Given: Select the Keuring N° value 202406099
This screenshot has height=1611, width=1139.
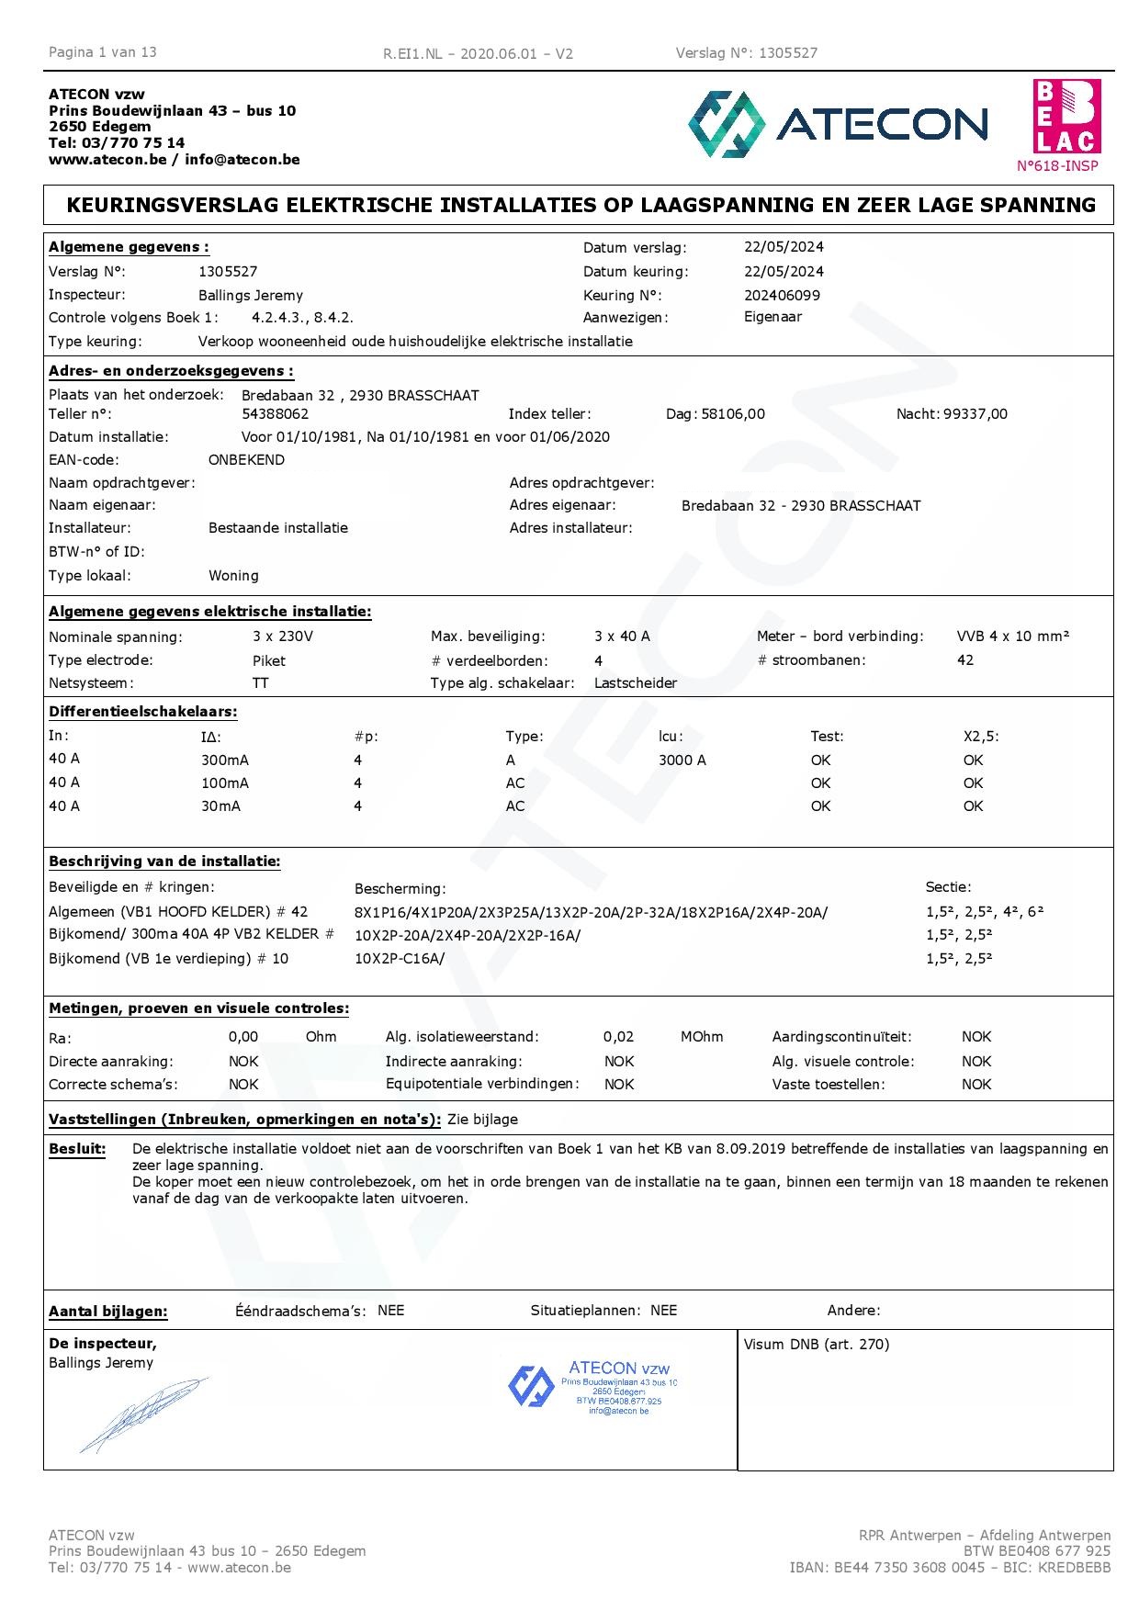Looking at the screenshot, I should pos(782,296).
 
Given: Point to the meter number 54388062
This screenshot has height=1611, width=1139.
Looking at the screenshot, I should pos(275,414).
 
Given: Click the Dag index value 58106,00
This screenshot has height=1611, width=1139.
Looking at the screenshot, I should pos(732,414).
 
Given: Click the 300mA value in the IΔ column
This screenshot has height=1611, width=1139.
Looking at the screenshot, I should pos(225,760).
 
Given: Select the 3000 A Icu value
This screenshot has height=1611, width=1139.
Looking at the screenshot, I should pos(682,760).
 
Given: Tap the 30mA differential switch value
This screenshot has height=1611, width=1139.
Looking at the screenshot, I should pos(220,806).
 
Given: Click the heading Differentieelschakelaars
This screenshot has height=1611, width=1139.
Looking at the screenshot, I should pos(142,712).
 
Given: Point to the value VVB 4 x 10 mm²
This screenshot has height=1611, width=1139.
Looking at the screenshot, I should pos(1012,637).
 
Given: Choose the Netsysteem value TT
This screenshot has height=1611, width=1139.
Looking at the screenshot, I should pos(261,683).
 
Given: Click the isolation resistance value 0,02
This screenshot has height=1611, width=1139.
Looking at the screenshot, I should pos(618,1037).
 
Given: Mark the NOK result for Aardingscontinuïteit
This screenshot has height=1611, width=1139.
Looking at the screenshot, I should pos(976,1037).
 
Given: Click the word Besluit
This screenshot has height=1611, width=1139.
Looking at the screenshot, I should pos(77,1149).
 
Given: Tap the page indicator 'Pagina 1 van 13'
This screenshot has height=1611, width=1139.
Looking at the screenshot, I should pos(103,52).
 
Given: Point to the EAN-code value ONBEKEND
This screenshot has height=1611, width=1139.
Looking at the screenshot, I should pos(246,460).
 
